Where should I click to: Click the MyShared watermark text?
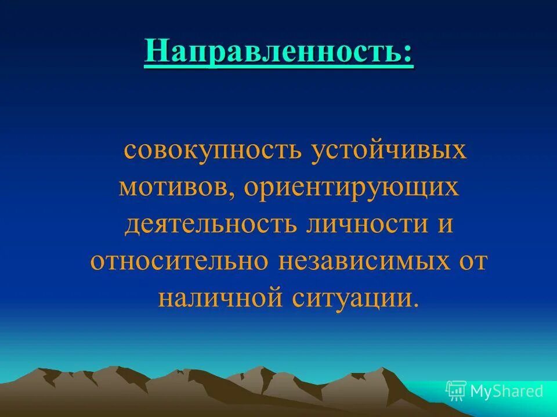pyautogui.click(x=507, y=392)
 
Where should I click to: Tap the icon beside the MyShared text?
pyautogui.click(x=456, y=391)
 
